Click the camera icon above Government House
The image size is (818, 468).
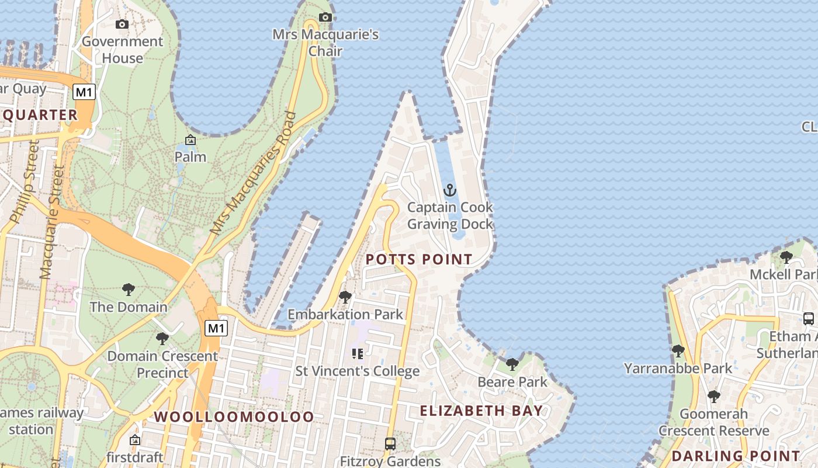(122, 24)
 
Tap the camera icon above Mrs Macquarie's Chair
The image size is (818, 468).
(325, 17)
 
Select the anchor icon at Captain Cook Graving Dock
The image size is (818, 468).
(449, 190)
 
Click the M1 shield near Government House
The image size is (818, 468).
(84, 92)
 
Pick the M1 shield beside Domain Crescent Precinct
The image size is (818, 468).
(216, 328)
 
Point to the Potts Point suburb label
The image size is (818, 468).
(419, 259)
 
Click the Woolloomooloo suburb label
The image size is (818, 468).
(234, 417)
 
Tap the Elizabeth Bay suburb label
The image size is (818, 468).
(481, 411)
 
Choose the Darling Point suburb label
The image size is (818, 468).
(736, 456)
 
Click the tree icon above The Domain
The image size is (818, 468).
(129, 289)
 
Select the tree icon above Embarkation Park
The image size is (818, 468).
(345, 297)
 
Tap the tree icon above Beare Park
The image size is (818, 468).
(512, 364)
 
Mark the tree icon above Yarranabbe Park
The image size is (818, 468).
(678, 351)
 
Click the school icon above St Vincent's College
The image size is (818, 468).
(357, 353)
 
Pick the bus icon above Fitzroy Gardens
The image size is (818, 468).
(390, 443)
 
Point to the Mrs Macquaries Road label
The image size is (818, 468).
(254, 174)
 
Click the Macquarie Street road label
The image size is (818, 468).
(50, 222)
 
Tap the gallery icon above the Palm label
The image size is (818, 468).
(190, 140)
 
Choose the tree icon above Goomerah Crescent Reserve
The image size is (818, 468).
(713, 397)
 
